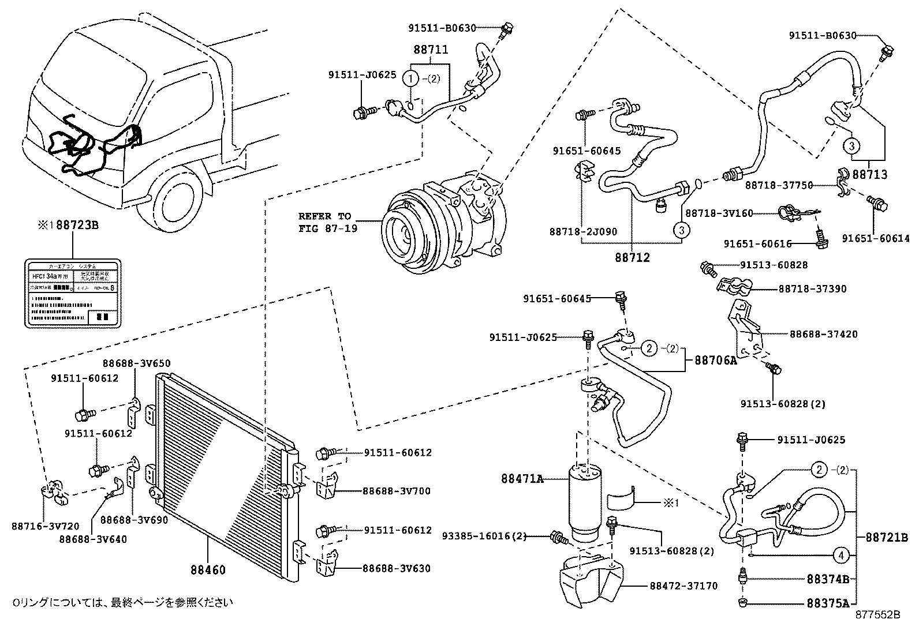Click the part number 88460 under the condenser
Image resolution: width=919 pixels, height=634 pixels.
point(207,570)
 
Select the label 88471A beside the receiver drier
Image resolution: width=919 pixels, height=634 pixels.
point(522,478)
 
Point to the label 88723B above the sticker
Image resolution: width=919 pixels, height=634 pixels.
point(73,225)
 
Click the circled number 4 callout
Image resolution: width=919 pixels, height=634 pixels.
point(842,556)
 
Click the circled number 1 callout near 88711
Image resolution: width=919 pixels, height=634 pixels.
point(410,78)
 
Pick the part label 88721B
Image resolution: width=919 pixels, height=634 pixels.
point(886,538)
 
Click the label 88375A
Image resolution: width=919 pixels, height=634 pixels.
point(827,604)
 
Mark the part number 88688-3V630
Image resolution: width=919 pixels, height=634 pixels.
point(397,568)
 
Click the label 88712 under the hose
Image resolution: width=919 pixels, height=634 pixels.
point(632,257)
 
